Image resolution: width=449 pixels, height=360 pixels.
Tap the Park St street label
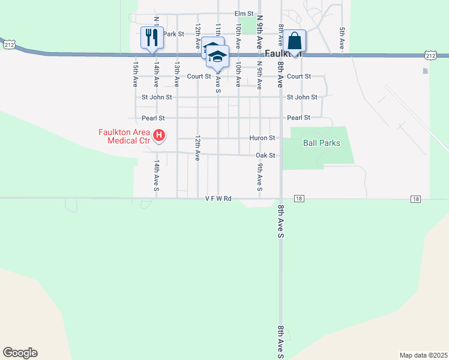(173, 34)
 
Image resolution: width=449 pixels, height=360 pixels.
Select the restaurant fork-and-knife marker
(151, 37)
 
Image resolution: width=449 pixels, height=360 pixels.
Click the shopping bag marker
(294, 41)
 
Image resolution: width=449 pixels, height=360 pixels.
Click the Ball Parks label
(322, 143)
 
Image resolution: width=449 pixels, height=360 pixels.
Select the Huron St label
(262, 137)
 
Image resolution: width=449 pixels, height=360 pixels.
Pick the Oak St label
(265, 155)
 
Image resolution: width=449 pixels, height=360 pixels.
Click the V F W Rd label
(218, 198)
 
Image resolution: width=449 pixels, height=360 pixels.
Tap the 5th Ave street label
(342, 38)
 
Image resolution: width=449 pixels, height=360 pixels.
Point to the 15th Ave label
(136, 72)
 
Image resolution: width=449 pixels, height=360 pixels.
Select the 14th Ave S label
(156, 175)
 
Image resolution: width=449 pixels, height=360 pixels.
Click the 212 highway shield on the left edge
(8, 44)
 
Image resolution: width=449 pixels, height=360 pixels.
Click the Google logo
(20, 353)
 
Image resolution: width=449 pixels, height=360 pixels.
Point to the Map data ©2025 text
(423, 355)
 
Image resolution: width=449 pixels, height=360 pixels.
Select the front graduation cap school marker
(218, 58)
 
